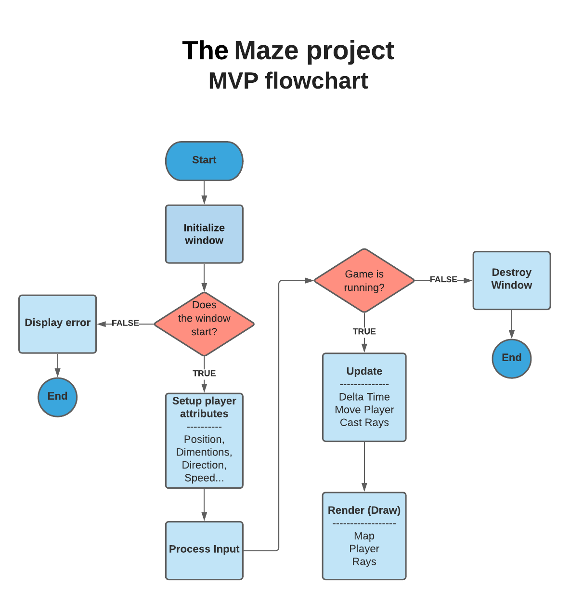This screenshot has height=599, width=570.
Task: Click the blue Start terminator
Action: [x=204, y=161]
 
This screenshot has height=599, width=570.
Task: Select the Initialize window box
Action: [x=204, y=234]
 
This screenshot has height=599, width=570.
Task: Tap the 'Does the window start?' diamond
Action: [x=204, y=324]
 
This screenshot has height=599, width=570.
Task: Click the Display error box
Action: [x=57, y=324]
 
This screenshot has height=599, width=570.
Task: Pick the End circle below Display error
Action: [x=57, y=397]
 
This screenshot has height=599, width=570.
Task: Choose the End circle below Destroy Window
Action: [x=511, y=358]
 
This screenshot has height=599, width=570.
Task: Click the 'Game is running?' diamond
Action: [x=364, y=281]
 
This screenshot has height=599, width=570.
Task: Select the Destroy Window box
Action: [x=511, y=280]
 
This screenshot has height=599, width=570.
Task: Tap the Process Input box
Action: [x=204, y=550]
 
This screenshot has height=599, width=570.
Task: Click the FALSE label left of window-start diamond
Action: [x=125, y=323]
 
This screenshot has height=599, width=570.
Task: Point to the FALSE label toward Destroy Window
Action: [x=443, y=279]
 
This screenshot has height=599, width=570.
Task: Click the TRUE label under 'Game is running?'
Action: [x=364, y=331]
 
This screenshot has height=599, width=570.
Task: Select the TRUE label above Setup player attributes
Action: [x=204, y=373]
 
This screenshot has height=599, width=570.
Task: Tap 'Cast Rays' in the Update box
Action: [x=364, y=423]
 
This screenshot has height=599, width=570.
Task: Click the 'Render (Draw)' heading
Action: [x=364, y=510]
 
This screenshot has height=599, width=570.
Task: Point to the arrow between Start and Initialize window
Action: [x=204, y=193]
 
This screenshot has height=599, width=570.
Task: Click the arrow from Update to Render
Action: [x=364, y=467]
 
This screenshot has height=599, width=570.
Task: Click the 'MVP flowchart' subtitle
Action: [x=288, y=81]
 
